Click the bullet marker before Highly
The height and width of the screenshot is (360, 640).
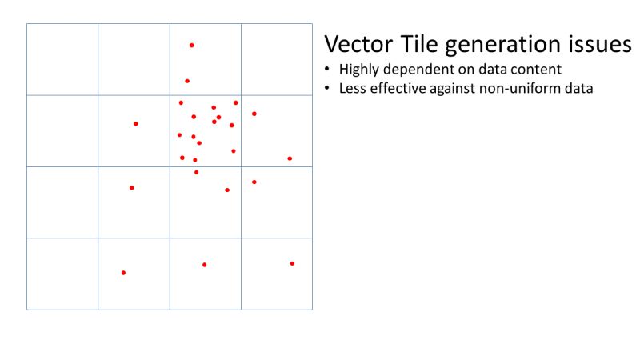[328, 70]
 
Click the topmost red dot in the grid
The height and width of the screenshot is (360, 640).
[191, 45]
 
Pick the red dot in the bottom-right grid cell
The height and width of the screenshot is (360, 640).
[292, 263]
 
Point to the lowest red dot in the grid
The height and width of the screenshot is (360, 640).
[123, 273]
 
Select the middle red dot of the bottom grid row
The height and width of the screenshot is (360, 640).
[204, 265]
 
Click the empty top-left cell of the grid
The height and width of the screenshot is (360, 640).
[62, 59]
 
